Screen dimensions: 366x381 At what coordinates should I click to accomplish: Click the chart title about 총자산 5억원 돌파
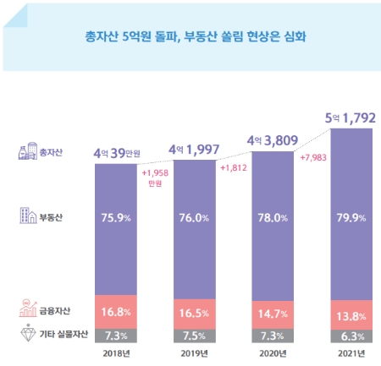(x=190, y=37)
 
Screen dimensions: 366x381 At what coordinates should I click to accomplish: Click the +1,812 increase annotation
(x=235, y=168)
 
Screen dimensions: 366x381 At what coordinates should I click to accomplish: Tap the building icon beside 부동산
(x=25, y=217)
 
